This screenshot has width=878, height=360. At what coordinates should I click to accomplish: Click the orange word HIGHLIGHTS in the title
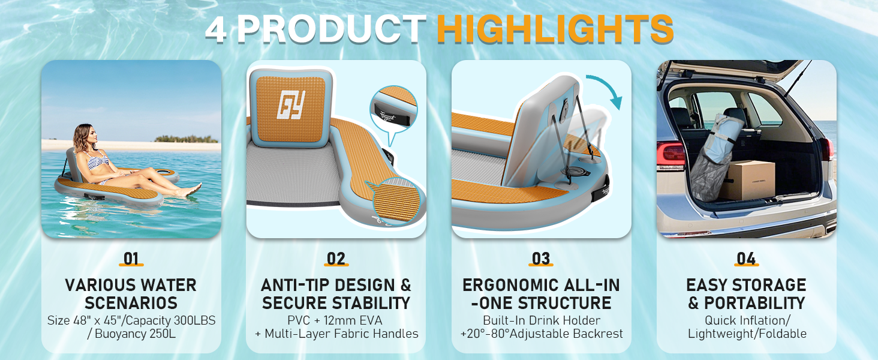pyautogui.click(x=555, y=29)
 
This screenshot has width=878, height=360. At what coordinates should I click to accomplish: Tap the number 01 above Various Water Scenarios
pyautogui.click(x=131, y=259)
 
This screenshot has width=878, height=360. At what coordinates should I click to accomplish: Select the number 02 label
pyautogui.click(x=336, y=259)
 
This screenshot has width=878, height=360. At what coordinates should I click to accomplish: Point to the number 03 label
pyautogui.click(x=541, y=259)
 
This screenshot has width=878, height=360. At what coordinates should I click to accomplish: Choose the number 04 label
pyautogui.click(x=746, y=259)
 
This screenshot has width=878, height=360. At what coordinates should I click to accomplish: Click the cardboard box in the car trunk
pyautogui.click(x=747, y=180)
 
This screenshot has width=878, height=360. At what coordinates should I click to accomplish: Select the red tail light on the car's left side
pyautogui.click(x=670, y=155)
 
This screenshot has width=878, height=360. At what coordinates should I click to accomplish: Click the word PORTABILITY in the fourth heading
pyautogui.click(x=754, y=303)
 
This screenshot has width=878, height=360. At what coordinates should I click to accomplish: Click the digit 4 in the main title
pyautogui.click(x=216, y=30)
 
